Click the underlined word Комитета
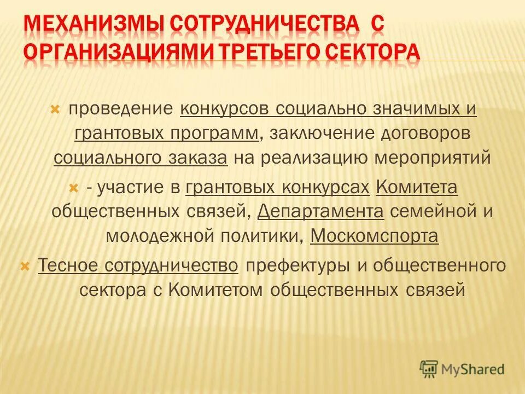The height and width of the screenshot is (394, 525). click(417, 188)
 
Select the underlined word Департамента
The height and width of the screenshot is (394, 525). click(320, 212)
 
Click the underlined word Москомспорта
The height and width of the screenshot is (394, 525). click(374, 236)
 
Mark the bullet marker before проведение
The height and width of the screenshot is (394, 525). click(55, 109)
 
